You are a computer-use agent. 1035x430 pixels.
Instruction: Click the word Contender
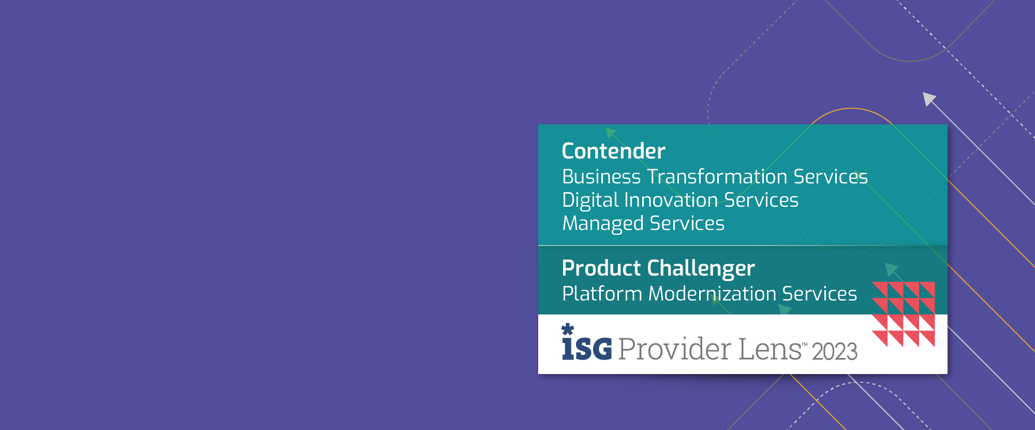click(613, 151)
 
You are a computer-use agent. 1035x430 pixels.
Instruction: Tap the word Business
click(601, 177)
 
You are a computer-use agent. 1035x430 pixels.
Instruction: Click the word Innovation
click(671, 200)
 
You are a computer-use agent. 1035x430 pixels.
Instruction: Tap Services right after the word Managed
click(687, 223)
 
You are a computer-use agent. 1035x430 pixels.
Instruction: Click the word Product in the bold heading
click(601, 268)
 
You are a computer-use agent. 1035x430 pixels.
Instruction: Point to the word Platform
click(602, 294)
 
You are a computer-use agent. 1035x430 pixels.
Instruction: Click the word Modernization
click(712, 294)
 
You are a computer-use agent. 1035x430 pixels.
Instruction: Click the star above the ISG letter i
click(568, 329)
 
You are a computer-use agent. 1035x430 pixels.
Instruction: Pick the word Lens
click(770, 349)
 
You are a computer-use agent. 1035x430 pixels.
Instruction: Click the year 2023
click(834, 352)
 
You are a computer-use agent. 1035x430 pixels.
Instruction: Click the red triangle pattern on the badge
click(904, 314)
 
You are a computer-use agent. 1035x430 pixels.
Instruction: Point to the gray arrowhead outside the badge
click(929, 98)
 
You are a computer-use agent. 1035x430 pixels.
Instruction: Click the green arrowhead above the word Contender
click(611, 133)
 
